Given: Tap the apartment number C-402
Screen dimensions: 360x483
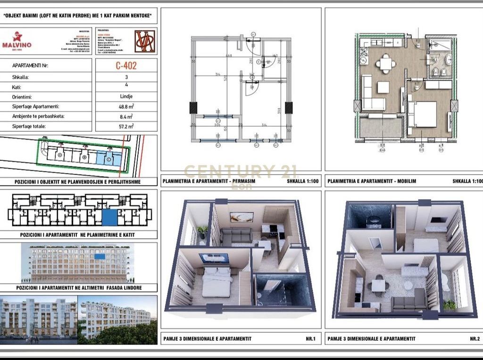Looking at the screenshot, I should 126,66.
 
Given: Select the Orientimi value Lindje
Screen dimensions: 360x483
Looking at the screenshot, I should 126,97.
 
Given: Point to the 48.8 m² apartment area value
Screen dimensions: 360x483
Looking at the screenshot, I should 126,107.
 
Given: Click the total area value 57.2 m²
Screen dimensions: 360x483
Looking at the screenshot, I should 126,126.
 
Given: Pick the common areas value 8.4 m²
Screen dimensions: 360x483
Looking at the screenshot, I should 126,116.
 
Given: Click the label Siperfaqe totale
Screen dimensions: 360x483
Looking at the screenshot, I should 32,126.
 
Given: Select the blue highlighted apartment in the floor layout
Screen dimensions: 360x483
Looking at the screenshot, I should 109,218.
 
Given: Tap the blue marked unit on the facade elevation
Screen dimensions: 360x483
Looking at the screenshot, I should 100,256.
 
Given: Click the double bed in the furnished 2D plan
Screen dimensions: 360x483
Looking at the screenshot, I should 423,114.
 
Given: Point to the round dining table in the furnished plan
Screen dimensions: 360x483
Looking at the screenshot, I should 386,63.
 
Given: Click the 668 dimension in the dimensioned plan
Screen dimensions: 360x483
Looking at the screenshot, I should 229,56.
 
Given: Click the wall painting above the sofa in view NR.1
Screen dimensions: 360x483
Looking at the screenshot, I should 241,217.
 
